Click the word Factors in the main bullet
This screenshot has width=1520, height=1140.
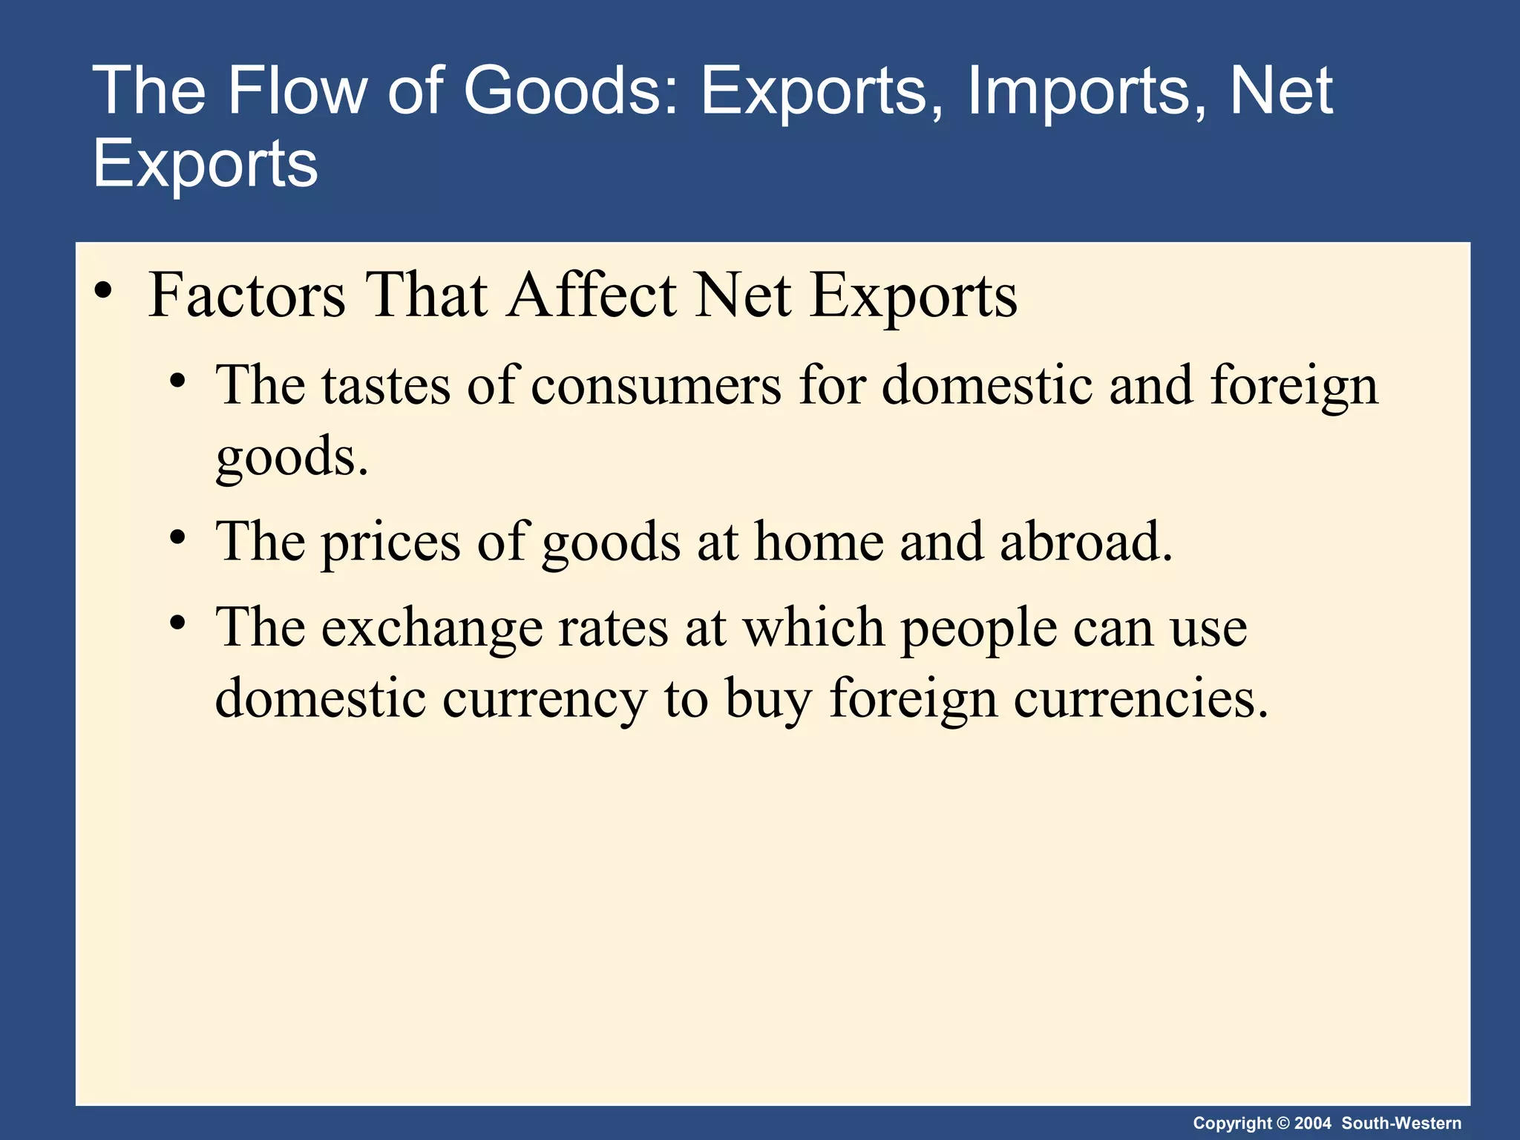pos(246,295)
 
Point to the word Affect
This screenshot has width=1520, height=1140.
pos(592,295)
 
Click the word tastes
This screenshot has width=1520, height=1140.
pos(386,386)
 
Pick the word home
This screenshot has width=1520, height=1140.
pos(819,542)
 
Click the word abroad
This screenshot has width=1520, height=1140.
pos(1086,542)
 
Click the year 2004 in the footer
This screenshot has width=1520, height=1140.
pos(1313,1123)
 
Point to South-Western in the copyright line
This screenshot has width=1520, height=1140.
pos(1401,1123)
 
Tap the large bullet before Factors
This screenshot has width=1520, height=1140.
pos(103,292)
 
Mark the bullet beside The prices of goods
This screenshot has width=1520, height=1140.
pos(177,537)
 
